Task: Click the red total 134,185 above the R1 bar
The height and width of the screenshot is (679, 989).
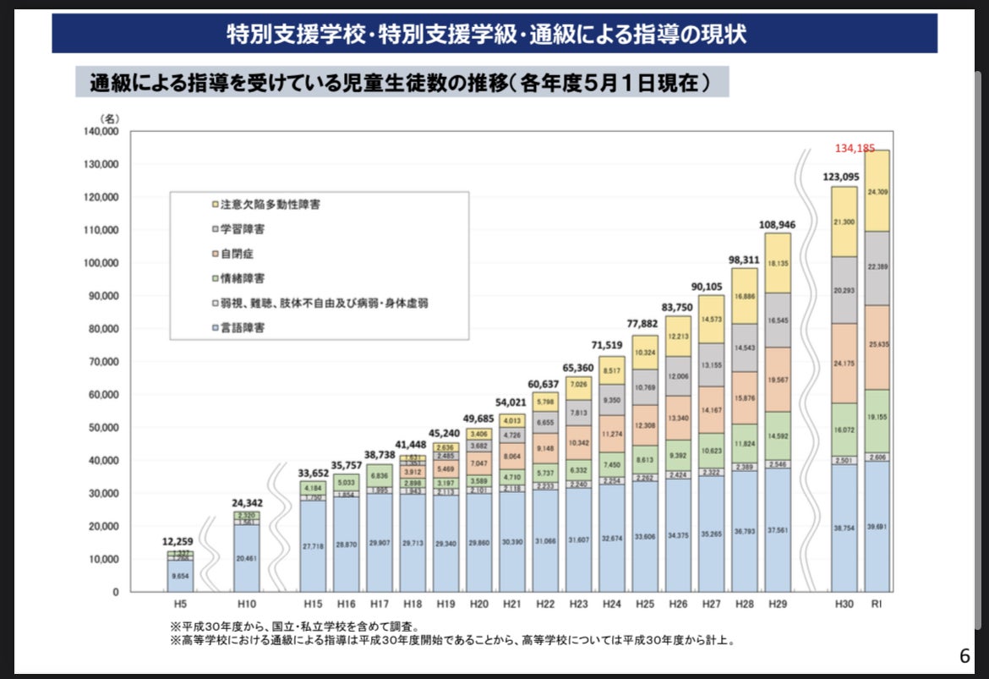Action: tap(855, 148)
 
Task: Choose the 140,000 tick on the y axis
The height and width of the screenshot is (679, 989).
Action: tap(101, 132)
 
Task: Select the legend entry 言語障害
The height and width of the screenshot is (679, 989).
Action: tap(242, 326)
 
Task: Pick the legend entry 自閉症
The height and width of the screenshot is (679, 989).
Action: tap(236, 253)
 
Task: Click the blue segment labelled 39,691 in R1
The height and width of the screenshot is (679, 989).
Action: tap(877, 526)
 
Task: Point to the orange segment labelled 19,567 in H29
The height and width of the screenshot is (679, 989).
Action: tap(777, 380)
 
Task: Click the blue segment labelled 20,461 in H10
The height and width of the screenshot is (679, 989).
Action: tap(246, 558)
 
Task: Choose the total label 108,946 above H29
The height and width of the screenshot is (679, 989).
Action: tap(777, 225)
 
